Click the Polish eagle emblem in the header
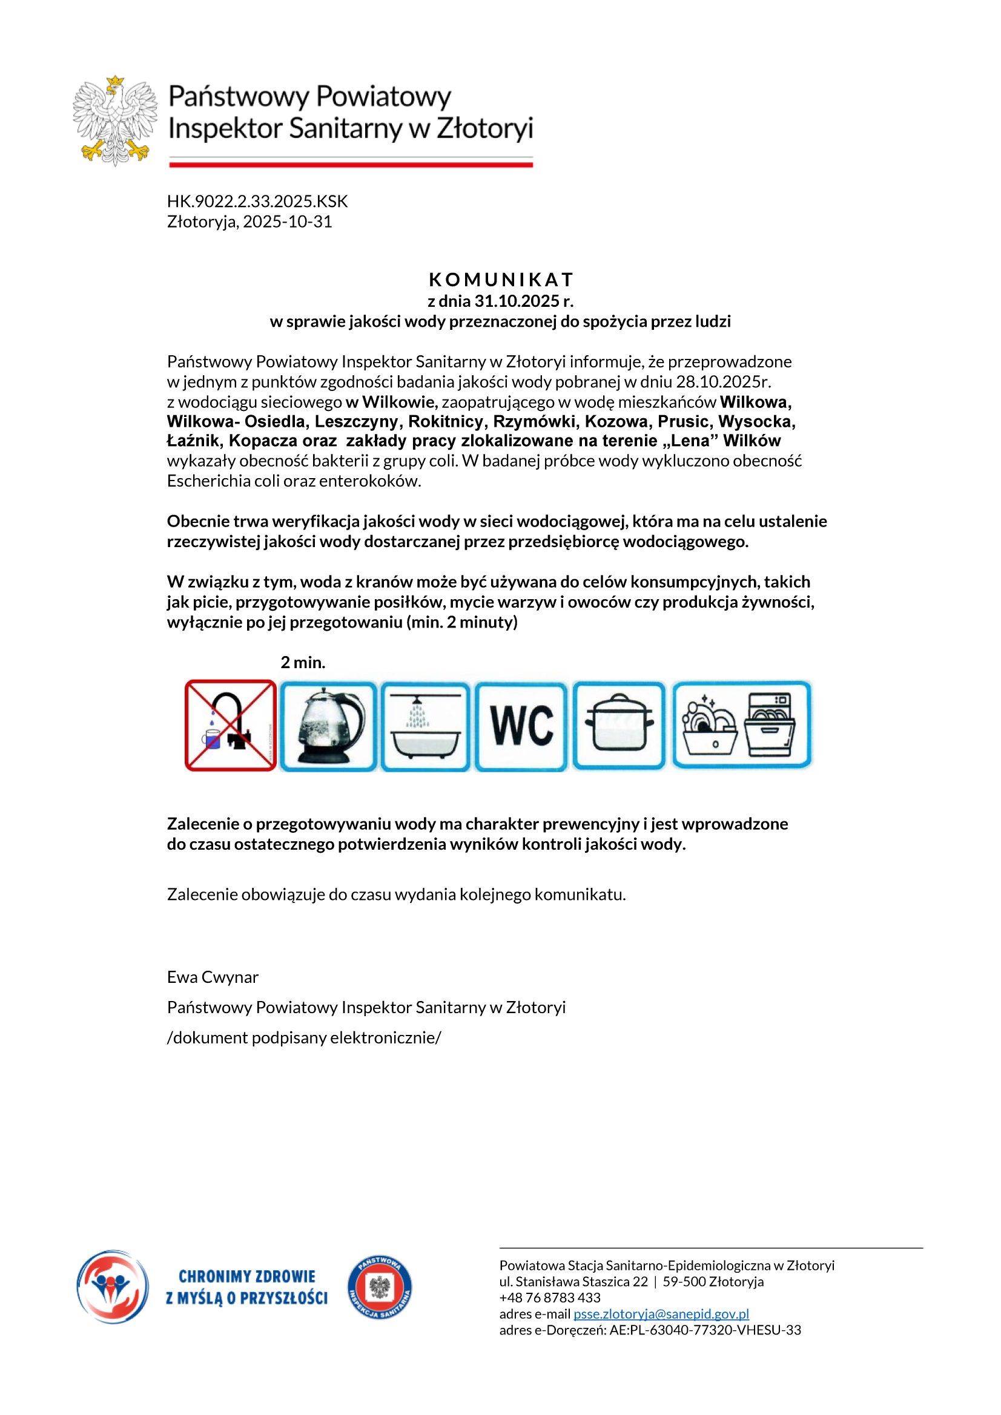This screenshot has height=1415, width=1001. point(114,121)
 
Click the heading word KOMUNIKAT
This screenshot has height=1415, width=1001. point(501,280)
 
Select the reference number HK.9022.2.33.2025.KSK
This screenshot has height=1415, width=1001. point(257,202)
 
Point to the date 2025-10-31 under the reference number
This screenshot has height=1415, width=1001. point(288,222)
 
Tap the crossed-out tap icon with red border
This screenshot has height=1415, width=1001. point(231,726)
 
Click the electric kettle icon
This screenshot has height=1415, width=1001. point(328,726)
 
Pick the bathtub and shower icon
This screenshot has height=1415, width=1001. point(425,726)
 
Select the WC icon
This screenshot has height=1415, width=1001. point(521,726)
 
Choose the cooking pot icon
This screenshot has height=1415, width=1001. point(619,726)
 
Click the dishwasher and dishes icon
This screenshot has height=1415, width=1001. point(741,725)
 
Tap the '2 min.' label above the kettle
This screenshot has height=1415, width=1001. point(303,663)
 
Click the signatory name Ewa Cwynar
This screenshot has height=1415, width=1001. point(213,977)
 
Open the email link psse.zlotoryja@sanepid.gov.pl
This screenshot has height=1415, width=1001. point(661,1314)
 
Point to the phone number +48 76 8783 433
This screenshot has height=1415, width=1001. point(549,1298)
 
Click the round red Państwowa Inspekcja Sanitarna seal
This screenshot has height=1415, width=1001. point(379,1287)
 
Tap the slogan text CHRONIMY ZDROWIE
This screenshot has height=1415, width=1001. point(246,1276)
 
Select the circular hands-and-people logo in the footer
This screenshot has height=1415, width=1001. point(112,1287)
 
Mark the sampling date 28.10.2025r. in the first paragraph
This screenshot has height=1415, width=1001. point(723,382)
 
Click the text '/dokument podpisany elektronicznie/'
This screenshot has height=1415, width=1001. point(304,1038)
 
